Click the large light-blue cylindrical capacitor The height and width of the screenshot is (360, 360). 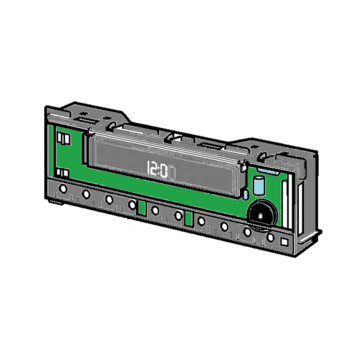coord(258,186)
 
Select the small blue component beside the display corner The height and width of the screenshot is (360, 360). coord(246,195)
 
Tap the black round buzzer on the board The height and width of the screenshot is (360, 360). coord(263,213)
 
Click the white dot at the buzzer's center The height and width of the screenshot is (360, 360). coord(260,215)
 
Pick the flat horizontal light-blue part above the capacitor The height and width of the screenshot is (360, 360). coord(267,171)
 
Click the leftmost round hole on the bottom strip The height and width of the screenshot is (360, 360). coord(63,189)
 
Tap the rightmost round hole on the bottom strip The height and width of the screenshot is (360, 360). coord(270,238)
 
